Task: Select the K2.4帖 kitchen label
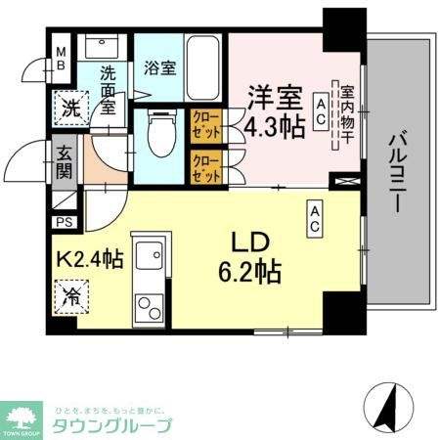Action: click(89, 261)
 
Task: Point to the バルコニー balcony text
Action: click(397, 173)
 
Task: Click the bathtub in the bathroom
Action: click(202, 67)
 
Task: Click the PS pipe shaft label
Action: click(64, 223)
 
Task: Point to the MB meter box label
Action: click(61, 59)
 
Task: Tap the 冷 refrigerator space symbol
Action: click(71, 293)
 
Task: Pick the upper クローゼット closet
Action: click(206, 125)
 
